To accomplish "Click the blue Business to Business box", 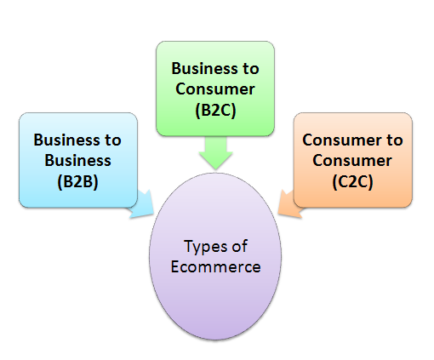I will [x=77, y=159].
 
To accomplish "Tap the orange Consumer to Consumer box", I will [x=352, y=159].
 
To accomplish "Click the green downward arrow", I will [x=216, y=154].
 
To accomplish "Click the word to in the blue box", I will [x=113, y=139].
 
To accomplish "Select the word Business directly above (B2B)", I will [x=77, y=159].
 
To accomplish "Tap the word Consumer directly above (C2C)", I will [x=352, y=159].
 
